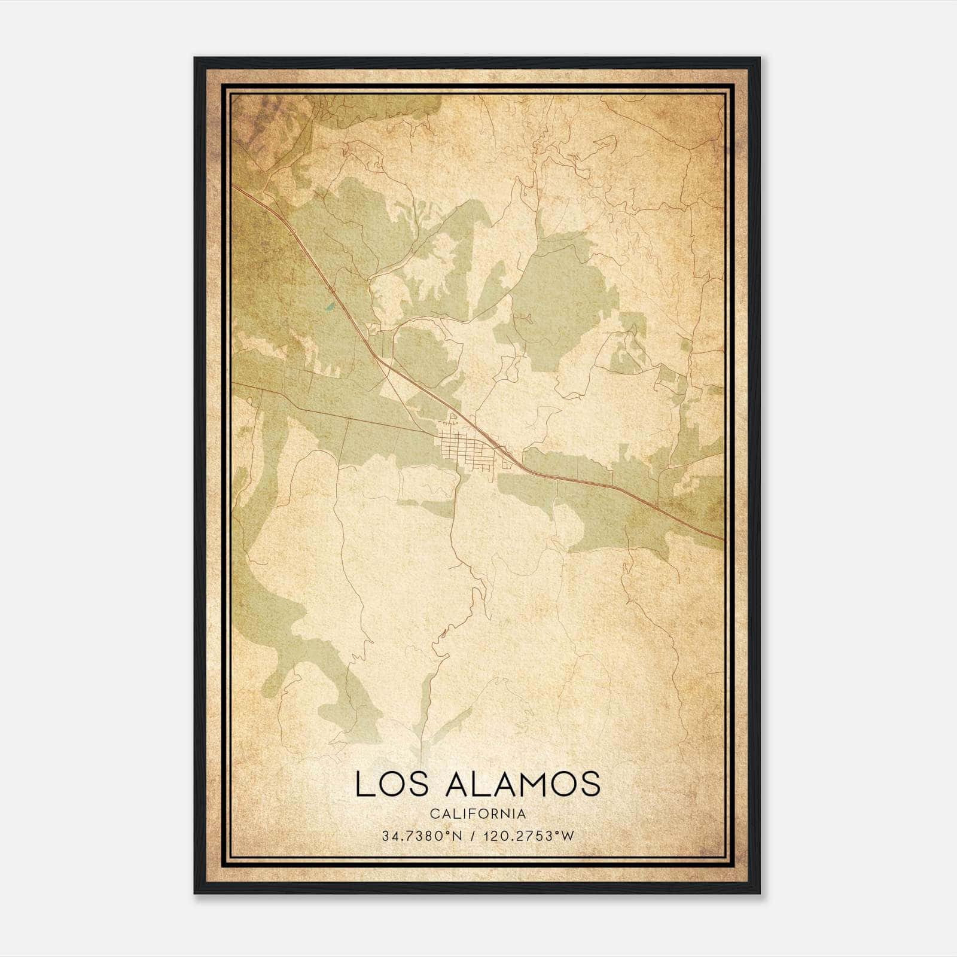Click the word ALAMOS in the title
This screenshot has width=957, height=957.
[x=522, y=784]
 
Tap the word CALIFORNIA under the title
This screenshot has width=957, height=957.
[x=478, y=814]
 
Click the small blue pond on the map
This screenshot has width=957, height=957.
[x=329, y=309]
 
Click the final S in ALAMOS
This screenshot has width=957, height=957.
[x=592, y=784]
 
